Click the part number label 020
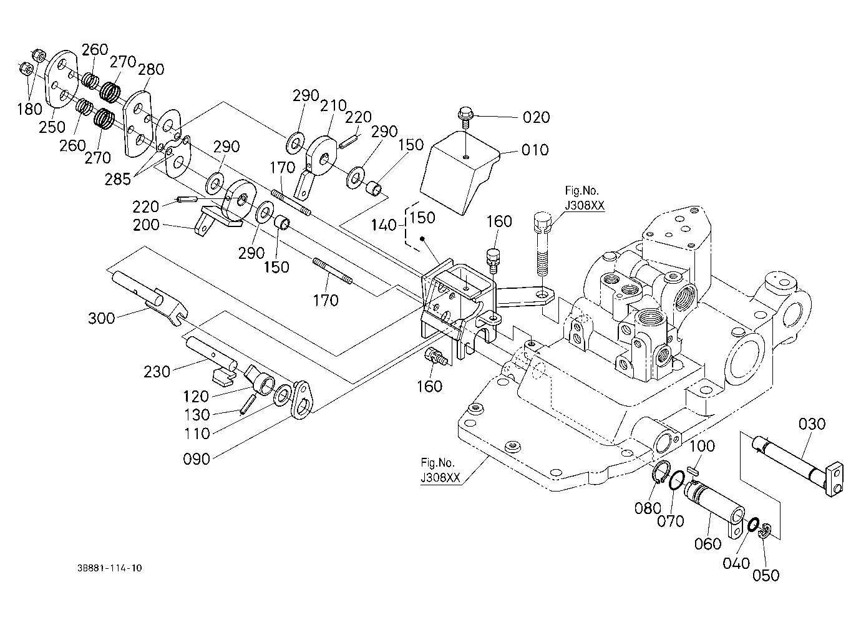pyautogui.click(x=536, y=117)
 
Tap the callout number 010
pyautogui.click(x=535, y=150)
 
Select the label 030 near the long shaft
pyautogui.click(x=812, y=424)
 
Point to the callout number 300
pyautogui.click(x=102, y=318)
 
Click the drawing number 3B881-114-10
pyautogui.click(x=110, y=568)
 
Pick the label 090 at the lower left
pyautogui.click(x=197, y=459)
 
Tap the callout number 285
pyautogui.click(x=118, y=179)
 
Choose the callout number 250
pyautogui.click(x=52, y=127)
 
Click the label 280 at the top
pyautogui.click(x=151, y=70)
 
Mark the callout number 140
pyautogui.click(x=383, y=225)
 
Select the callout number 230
pyautogui.click(x=157, y=372)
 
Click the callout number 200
pyautogui.click(x=146, y=225)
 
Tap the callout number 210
pyautogui.click(x=333, y=105)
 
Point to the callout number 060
pyautogui.click(x=708, y=544)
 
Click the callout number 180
pyautogui.click(x=29, y=109)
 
